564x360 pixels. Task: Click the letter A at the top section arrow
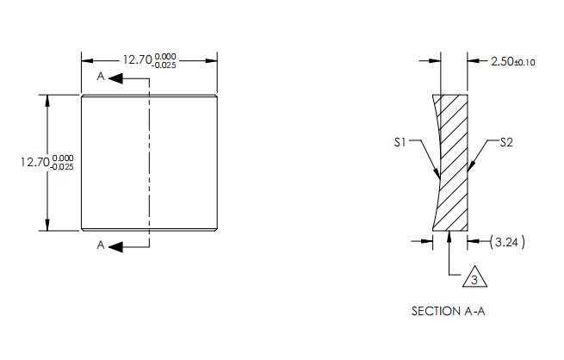[101, 78]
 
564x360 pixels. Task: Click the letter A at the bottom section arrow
[101, 246]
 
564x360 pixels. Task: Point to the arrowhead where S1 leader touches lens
[438, 176]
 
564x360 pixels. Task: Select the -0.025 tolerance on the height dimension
[63, 167]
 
